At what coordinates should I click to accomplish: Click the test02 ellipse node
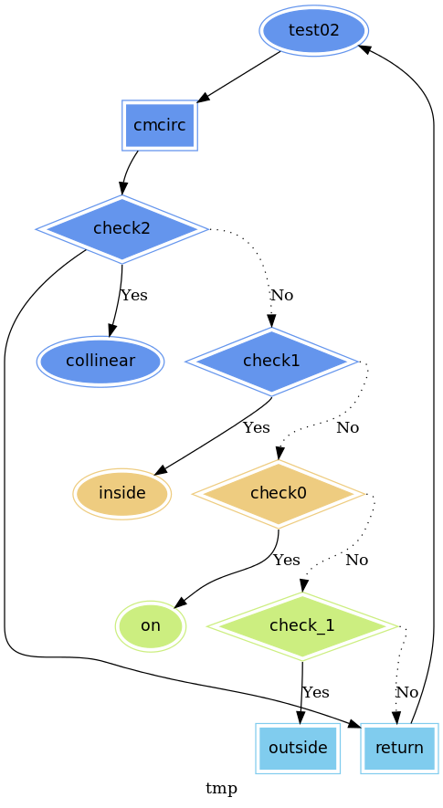coord(313,30)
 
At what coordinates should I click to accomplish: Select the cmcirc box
coord(160,125)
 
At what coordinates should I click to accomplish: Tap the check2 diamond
coord(121,229)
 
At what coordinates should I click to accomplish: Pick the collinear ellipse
coord(100,362)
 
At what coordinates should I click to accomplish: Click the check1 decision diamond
coord(271,362)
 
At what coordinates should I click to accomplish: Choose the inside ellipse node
coord(122,494)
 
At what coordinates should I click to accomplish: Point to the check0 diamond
coord(279,494)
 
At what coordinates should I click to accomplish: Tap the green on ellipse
coord(151,626)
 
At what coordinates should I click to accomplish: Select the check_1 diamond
coord(302,626)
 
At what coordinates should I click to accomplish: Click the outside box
coord(298,748)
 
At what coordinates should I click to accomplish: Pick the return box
coord(400,748)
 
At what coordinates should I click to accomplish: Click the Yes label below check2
coord(134,295)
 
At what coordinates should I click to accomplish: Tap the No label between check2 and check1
coord(282,295)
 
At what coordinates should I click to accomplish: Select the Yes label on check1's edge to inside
coord(257,427)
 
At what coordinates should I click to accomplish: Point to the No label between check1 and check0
coord(348,427)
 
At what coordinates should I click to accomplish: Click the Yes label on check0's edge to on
coord(286,560)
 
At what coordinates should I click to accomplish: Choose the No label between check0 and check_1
coord(357,560)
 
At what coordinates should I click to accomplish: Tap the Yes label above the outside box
coord(316,692)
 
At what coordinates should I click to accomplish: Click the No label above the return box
coord(406,692)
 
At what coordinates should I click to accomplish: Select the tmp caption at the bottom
coord(221,789)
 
